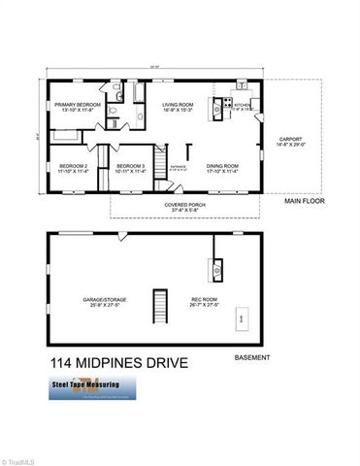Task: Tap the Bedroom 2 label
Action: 73,168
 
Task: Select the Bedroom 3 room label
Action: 130,168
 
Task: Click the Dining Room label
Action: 223,168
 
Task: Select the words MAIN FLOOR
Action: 304,202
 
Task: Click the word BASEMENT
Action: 255,357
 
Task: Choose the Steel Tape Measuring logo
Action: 93,387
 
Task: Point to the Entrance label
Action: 180,168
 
